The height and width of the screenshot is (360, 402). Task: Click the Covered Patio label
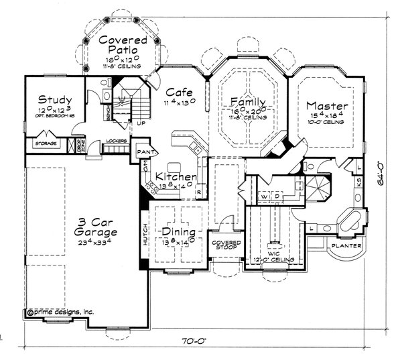(119, 45)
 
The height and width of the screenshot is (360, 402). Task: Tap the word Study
(55, 99)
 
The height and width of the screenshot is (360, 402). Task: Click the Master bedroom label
(326, 106)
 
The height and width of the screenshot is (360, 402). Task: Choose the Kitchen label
(176, 177)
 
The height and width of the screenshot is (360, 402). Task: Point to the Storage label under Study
(46, 143)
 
